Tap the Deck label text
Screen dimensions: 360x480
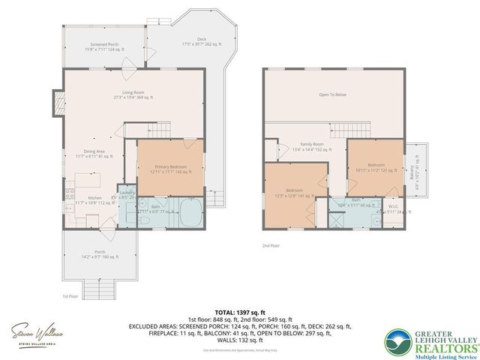point(202,41)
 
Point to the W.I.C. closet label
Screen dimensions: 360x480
point(393,207)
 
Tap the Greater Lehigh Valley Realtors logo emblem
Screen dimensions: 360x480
point(400,341)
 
